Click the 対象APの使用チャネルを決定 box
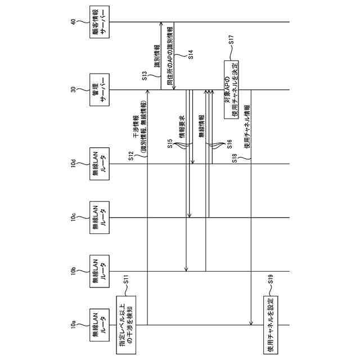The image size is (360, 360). tap(231, 91)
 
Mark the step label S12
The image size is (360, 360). tap(131, 157)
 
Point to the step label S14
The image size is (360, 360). tap(190, 56)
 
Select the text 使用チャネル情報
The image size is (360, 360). tap(247, 129)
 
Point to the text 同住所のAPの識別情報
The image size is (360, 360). tap(170, 54)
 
